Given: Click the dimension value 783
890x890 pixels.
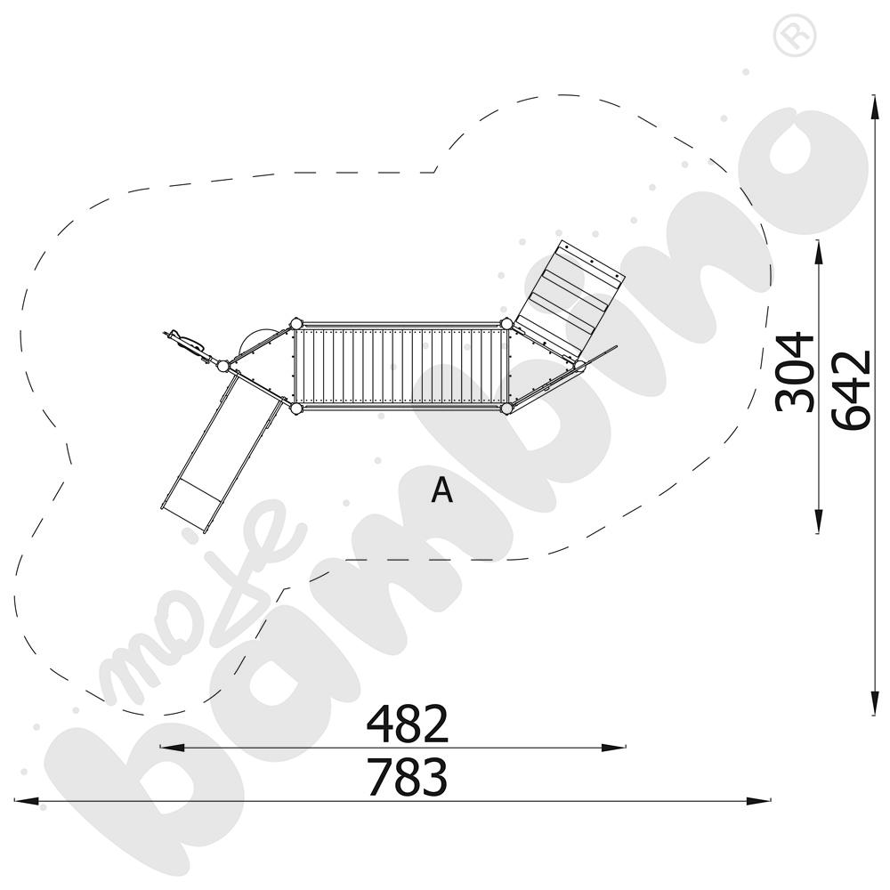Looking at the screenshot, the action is pyautogui.click(x=408, y=777).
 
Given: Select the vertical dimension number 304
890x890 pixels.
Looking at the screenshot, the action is pyautogui.click(x=795, y=372).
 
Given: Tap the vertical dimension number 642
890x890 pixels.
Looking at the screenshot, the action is pyautogui.click(x=851, y=390).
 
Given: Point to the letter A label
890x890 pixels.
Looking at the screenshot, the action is pyautogui.click(x=441, y=489).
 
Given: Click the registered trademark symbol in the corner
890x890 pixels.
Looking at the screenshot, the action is pyautogui.click(x=795, y=36).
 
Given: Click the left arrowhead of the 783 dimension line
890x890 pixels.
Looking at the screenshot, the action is pyautogui.click(x=26, y=801).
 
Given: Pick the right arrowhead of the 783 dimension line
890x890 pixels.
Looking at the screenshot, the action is pyautogui.click(x=758, y=801).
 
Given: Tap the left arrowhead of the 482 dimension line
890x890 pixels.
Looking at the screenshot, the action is pyautogui.click(x=173, y=748).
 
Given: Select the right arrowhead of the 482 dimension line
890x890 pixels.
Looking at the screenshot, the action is pyautogui.click(x=613, y=748).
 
